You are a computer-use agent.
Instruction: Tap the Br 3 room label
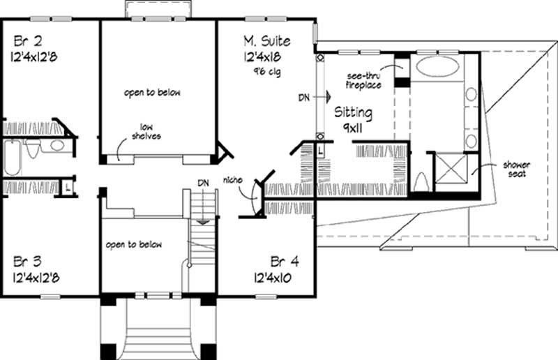coord(27,262)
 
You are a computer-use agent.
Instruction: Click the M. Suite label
coord(266,41)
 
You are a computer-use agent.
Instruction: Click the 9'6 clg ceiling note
coord(266,72)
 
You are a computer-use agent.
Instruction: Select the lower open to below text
coord(134,245)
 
